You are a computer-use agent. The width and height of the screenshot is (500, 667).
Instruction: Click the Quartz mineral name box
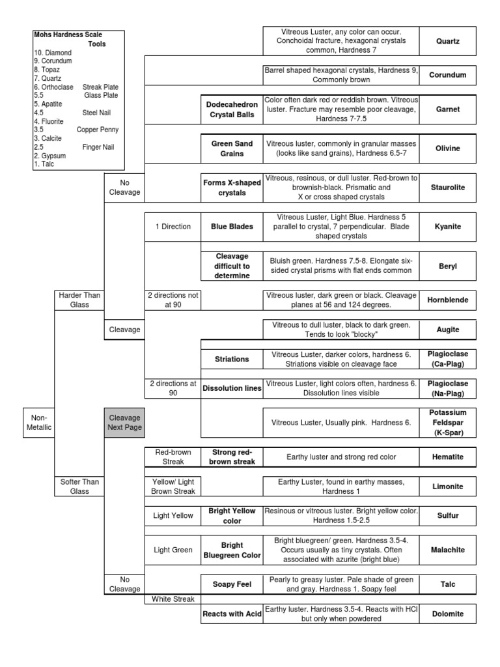448,40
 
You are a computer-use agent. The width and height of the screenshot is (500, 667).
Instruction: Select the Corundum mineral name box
448,76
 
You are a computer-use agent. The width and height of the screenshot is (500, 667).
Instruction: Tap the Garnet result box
448,109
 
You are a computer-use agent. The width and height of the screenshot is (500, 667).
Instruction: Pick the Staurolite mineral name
448,187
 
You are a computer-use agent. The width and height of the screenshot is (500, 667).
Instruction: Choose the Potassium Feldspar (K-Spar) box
448,422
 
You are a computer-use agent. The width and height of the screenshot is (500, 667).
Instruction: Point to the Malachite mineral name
448,550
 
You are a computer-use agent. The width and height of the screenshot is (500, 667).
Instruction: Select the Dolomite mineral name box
448,614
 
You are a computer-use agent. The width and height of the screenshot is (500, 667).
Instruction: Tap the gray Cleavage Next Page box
124,422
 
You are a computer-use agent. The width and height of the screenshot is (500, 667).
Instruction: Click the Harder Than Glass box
78,300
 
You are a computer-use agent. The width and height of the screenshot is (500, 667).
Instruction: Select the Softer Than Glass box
78,486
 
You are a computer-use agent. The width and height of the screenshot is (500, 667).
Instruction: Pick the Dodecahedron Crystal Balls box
231,109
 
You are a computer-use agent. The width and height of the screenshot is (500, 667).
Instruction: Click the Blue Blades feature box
231,227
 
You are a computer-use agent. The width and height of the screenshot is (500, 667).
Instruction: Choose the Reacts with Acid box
231,614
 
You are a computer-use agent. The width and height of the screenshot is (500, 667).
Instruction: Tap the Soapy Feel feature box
231,584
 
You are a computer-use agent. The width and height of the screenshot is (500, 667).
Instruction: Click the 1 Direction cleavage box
173,227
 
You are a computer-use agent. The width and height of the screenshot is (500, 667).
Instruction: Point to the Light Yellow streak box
173,515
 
